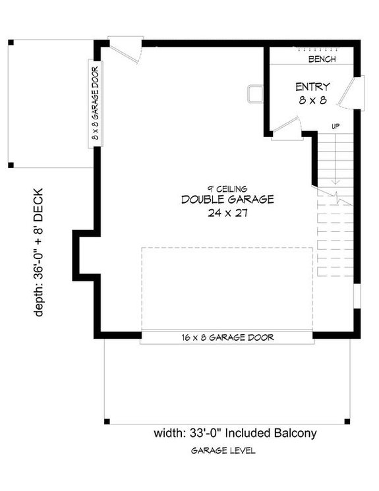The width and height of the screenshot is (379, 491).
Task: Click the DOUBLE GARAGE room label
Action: (227, 200)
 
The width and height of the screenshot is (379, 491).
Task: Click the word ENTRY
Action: (312, 86)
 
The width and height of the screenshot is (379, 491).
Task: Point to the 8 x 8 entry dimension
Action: (312, 100)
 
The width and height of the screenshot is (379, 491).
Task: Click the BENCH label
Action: (322, 59)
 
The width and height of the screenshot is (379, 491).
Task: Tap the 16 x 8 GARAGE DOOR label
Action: (227, 337)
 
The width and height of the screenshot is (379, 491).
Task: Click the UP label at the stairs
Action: (335, 126)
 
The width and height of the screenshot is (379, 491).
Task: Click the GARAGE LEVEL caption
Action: (223, 451)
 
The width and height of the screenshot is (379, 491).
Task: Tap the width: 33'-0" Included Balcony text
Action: (235, 433)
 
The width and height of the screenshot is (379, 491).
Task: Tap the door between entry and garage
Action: (286, 127)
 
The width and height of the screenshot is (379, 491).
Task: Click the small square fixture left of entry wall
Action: (255, 94)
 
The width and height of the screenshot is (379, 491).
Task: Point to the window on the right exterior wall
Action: (357, 295)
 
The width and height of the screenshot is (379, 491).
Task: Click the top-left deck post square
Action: (11, 43)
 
